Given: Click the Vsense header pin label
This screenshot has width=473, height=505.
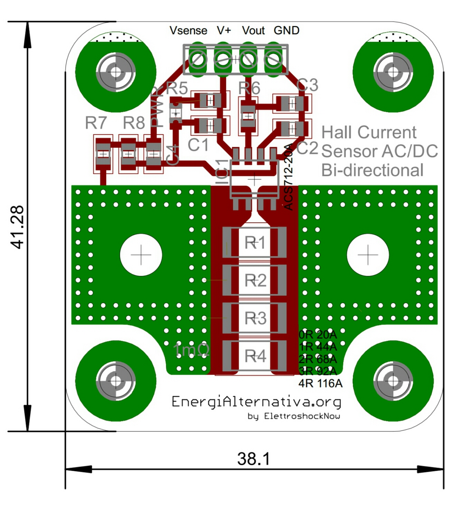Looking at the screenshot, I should [x=188, y=31].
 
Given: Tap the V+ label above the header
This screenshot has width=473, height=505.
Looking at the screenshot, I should [x=224, y=30].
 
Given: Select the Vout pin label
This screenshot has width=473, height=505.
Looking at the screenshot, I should [x=253, y=31].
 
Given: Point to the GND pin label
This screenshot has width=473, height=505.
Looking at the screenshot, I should [x=286, y=30].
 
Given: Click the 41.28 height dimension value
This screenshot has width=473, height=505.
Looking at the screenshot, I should [x=17, y=227].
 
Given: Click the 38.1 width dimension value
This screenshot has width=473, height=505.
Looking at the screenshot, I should [x=254, y=459].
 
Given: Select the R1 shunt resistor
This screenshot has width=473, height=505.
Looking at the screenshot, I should [x=255, y=243].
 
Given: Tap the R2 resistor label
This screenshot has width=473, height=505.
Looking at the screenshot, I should [x=255, y=281].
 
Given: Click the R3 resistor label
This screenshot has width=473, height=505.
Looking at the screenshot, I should [x=255, y=318].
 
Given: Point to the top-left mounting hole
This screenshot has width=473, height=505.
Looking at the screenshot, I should [x=116, y=72].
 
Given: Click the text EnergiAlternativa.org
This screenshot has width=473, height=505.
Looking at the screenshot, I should [x=256, y=402].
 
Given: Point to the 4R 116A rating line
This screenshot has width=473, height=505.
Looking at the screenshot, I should [x=320, y=383].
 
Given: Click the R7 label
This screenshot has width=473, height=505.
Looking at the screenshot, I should [x=96, y=123].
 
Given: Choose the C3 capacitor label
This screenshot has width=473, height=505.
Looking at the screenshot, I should [x=307, y=85].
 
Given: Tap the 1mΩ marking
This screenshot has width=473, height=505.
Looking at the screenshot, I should [x=191, y=349].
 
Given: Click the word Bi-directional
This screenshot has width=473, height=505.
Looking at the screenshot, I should [x=372, y=170].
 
